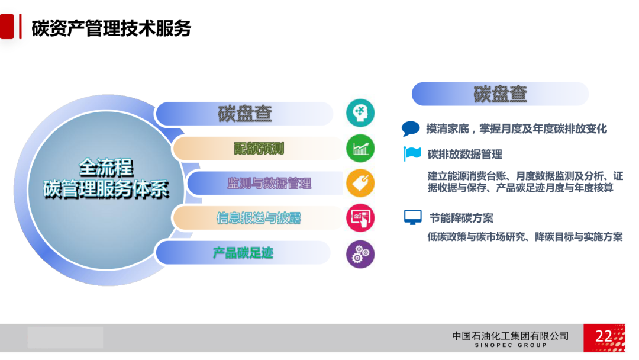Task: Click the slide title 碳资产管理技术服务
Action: pos(111,28)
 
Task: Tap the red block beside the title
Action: pos(7,27)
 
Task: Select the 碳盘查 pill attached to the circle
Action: pos(244,114)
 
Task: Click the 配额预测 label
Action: pos(259,149)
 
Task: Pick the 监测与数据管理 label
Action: pos(269,184)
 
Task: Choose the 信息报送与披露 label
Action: pos(259,218)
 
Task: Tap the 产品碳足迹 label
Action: pos(243,253)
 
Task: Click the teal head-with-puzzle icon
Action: pos(360,113)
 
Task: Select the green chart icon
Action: pos(360,149)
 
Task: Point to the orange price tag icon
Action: pos(360,183)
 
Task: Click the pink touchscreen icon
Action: pos(360,218)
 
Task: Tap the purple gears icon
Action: pos(360,254)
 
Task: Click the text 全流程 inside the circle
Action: pos(106,168)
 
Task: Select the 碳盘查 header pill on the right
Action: pos(500,94)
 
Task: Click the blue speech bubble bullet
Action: pos(411,128)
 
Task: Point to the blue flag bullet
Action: pos(412,154)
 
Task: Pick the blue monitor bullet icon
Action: pos(413,217)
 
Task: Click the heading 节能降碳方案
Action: pos(461,218)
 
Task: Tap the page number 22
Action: pos(603,336)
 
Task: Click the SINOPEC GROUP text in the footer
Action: pos(511,345)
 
